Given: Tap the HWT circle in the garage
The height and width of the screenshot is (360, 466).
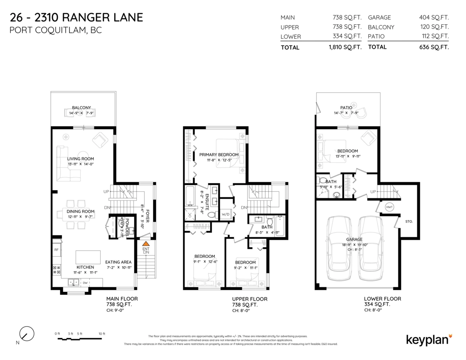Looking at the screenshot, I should [x=389, y=207].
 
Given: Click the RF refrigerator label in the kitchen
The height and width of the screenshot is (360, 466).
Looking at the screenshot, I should [x=56, y=250].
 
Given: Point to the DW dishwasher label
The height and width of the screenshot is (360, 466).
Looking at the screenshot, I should [x=85, y=283].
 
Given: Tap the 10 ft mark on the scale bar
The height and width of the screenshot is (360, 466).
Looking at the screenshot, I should [x=102, y=334].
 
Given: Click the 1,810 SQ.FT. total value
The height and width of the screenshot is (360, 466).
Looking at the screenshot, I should [x=345, y=47].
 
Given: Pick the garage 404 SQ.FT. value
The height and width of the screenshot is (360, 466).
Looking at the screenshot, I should [x=434, y=17].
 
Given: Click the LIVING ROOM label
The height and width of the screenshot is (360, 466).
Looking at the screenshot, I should [x=80, y=158].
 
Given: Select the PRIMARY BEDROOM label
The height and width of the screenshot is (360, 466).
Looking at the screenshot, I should [x=219, y=155].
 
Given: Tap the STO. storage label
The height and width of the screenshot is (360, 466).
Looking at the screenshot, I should [x=409, y=221].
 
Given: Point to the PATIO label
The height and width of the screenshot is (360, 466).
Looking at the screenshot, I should [x=346, y=108].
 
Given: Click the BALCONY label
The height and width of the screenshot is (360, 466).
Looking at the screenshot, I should [x=81, y=108].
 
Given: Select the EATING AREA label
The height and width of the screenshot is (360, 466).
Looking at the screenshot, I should [x=118, y=262].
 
